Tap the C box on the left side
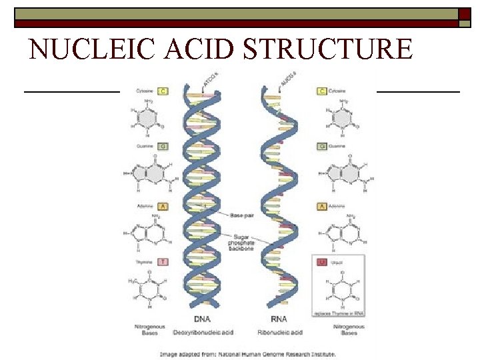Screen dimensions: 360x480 (163, 90)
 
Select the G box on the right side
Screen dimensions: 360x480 (322, 145)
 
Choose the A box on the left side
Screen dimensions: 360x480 (163, 207)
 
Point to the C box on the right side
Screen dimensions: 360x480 (322, 90)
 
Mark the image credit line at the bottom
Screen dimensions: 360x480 (248, 354)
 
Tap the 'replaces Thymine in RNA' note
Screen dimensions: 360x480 (339, 312)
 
